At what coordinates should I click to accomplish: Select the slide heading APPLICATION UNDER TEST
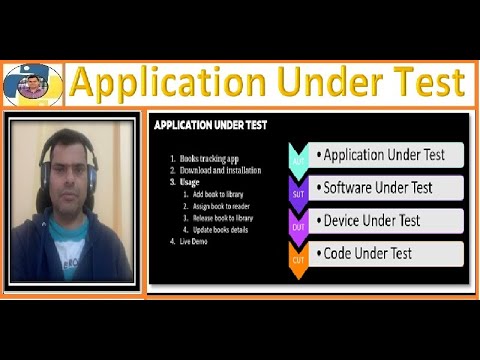[x=209, y=127]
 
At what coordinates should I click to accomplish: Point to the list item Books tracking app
[x=211, y=159]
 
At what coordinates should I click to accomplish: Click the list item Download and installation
[x=221, y=171]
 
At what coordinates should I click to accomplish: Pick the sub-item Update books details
[x=222, y=229]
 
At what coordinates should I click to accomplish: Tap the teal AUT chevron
[x=298, y=158]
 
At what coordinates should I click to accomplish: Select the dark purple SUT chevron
[x=298, y=190]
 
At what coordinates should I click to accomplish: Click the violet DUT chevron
[x=298, y=223]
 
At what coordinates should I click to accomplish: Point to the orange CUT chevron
[x=298, y=257]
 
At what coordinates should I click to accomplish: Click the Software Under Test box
[x=386, y=187]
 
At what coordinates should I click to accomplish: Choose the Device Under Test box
[x=386, y=220]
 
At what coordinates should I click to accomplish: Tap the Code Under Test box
[x=386, y=254]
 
